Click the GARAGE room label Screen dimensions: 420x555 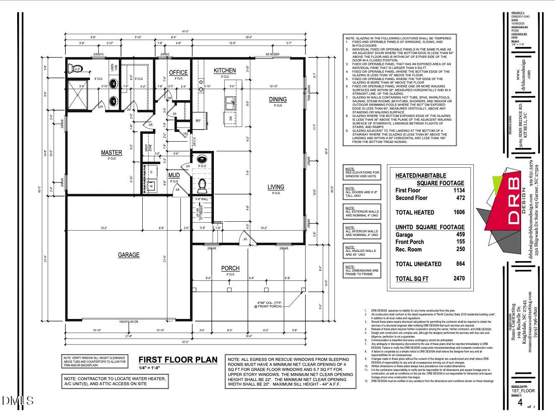[x=128, y=255]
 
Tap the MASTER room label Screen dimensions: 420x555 [x=111, y=153]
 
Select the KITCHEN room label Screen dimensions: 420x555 [x=225, y=70]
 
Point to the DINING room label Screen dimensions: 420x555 [x=278, y=99]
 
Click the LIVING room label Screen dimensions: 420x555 [x=276, y=187]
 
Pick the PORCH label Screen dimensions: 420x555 [x=230, y=268]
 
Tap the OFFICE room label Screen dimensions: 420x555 [x=178, y=73]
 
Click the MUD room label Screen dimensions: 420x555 [x=174, y=175]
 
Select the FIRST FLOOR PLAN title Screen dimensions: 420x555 [x=178, y=360]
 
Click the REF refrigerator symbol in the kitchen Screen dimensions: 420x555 [x=198, y=121]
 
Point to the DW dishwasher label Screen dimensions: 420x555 [x=230, y=119]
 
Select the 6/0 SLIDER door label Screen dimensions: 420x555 [x=272, y=54]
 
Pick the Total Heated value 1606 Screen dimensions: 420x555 [x=459, y=212]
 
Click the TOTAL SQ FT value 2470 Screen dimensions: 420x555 [x=459, y=278]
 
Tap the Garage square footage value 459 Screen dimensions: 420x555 [x=460, y=235]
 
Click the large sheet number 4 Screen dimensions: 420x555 [x=520, y=403]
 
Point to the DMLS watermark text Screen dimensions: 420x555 [x=18, y=401]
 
